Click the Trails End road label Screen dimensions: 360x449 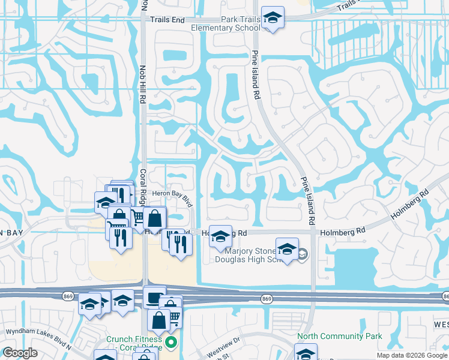(x=167, y=20)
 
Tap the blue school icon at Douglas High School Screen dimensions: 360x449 (x=287, y=248)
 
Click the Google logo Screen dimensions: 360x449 (x=20, y=353)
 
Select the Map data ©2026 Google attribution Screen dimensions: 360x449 (x=412, y=355)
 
